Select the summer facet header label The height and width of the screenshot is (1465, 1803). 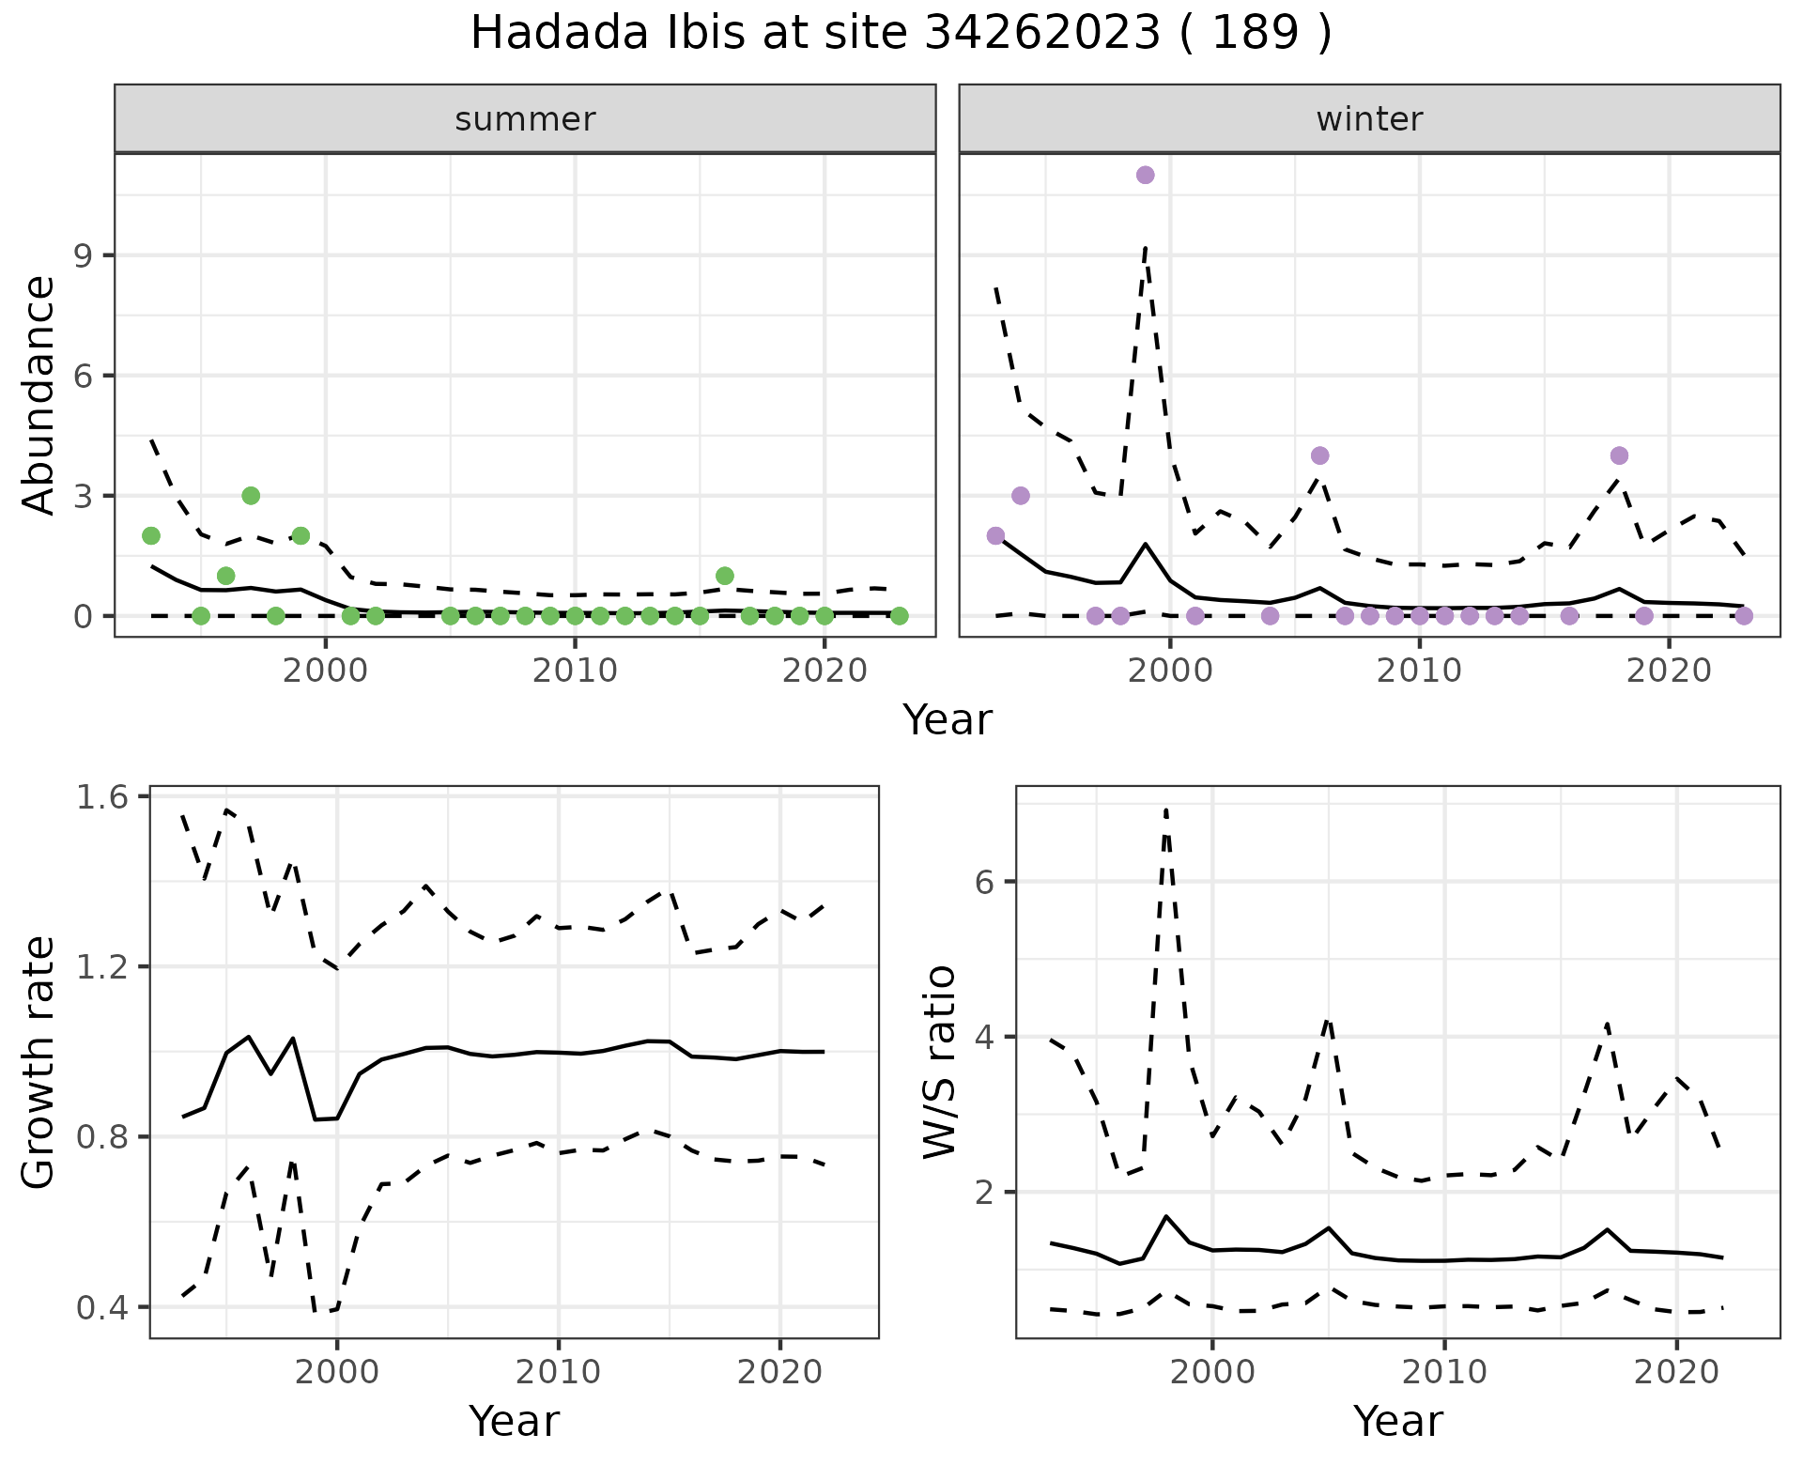[x=525, y=119]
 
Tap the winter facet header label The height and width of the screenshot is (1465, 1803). [x=1369, y=119]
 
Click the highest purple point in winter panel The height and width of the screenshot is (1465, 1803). [x=1145, y=175]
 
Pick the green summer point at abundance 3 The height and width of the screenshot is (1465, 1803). [x=251, y=496]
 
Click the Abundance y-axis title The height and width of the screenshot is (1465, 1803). [x=39, y=394]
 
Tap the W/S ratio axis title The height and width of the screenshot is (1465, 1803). [x=939, y=1062]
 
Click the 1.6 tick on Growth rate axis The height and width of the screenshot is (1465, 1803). [x=105, y=796]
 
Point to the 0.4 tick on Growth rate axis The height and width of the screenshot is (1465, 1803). [x=105, y=1307]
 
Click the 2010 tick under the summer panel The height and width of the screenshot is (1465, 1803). [x=575, y=671]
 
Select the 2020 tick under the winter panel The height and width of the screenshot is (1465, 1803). [x=1669, y=671]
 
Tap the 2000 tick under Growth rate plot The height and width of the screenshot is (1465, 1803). [x=337, y=1372]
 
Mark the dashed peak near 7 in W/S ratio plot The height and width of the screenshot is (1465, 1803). [x=1165, y=810]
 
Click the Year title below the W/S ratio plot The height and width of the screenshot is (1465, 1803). [x=1398, y=1421]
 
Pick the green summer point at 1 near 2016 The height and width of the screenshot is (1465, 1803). [x=724, y=576]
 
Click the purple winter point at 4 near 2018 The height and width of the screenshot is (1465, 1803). [x=1619, y=455]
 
